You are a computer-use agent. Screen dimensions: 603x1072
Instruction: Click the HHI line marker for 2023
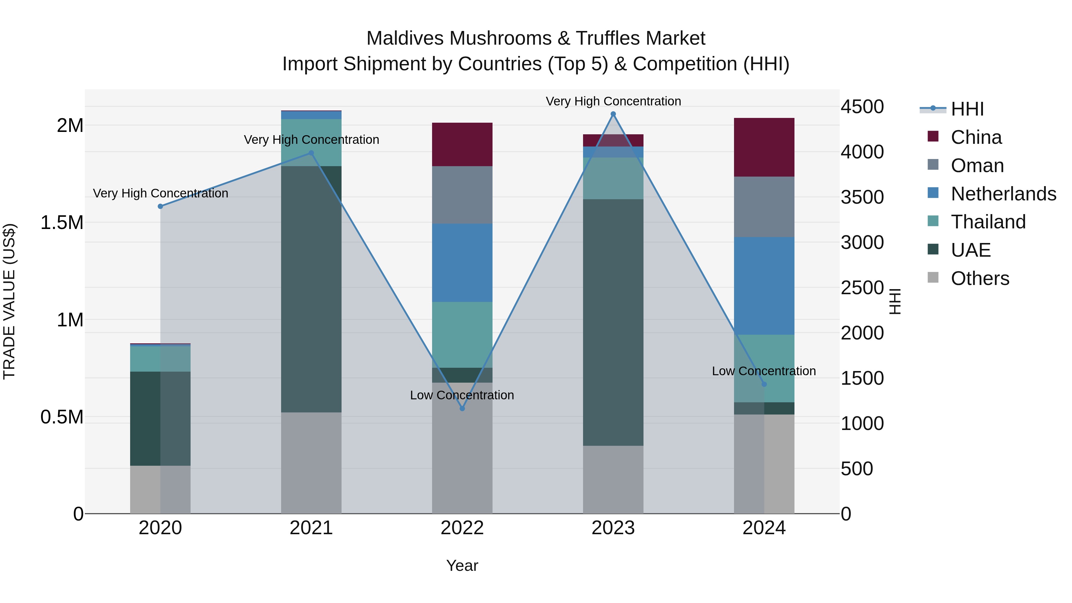click(x=613, y=114)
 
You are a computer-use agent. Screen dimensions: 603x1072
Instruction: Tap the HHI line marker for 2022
click(x=462, y=409)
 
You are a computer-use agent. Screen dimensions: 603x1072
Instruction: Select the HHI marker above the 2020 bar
click(x=160, y=206)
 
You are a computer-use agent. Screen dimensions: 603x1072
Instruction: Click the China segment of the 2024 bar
click(x=764, y=147)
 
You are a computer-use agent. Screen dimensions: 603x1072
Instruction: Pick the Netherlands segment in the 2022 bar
click(x=462, y=263)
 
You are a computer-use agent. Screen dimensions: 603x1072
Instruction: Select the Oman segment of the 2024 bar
click(x=764, y=207)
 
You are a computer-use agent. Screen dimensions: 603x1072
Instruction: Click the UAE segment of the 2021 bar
click(x=311, y=289)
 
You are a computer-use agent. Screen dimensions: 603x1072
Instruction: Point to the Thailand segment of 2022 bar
click(x=462, y=335)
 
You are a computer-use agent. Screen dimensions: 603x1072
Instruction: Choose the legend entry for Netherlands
click(x=1003, y=194)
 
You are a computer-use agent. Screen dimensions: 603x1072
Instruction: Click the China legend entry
click(x=976, y=137)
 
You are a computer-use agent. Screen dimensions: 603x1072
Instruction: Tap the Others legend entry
click(x=980, y=278)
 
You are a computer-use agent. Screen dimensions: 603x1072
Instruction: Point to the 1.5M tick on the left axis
click(x=62, y=223)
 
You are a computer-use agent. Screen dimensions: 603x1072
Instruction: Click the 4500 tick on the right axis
click(x=862, y=107)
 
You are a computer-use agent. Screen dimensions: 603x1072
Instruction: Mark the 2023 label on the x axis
click(x=613, y=528)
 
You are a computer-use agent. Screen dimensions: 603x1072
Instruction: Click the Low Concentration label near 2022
click(x=462, y=395)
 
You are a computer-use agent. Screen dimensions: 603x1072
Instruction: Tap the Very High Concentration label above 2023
click(x=613, y=101)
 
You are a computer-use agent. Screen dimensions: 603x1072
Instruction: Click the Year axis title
click(x=462, y=565)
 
